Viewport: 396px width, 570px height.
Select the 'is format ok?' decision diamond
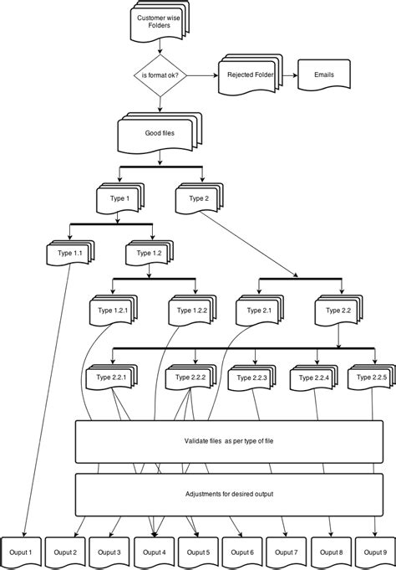[160, 75]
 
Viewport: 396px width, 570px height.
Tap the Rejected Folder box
[251, 75]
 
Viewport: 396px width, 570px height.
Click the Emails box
[323, 75]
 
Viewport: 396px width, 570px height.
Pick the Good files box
[159, 132]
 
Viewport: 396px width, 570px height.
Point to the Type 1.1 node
[70, 253]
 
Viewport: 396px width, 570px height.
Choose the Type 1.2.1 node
[113, 311]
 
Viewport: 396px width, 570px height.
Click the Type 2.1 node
[258, 311]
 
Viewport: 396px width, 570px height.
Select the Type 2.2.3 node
[253, 378]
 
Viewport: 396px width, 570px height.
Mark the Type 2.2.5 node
[372, 378]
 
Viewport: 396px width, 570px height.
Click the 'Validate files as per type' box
[228, 440]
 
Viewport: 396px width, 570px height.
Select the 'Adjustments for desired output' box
[228, 494]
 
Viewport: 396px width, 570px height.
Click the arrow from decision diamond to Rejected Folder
[204, 75]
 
